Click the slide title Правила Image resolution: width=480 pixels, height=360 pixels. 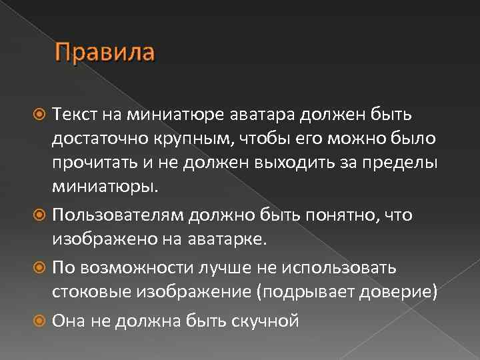click(105, 51)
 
